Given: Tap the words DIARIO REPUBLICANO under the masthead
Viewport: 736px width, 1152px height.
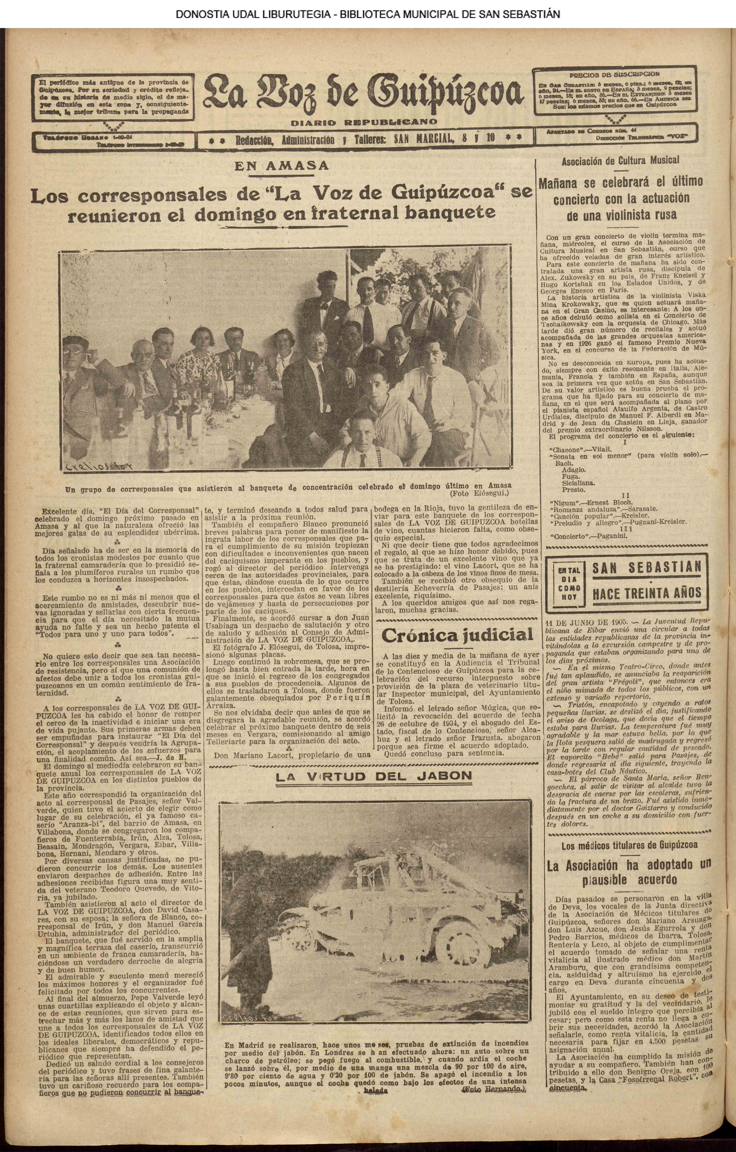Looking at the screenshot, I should point(364,122).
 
